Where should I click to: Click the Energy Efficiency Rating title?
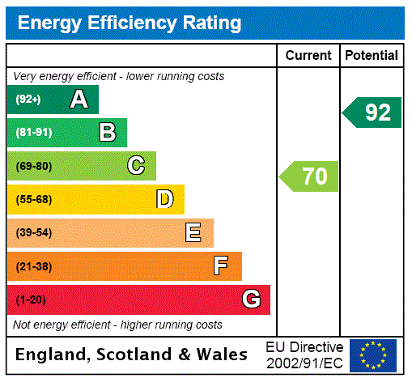click(x=130, y=23)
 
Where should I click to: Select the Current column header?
click(x=308, y=55)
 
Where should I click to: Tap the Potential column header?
click(x=372, y=55)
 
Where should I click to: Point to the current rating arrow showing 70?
click(x=309, y=176)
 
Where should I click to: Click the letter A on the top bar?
click(x=79, y=100)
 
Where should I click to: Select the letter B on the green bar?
click(x=108, y=133)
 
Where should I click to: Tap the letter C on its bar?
click(x=136, y=166)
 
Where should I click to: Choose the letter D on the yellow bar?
click(x=164, y=199)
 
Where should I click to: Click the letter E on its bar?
click(x=193, y=233)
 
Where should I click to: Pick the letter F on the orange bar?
click(x=221, y=266)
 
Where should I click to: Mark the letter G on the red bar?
click(x=251, y=299)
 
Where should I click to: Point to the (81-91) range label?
click(x=33, y=133)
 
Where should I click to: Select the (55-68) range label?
click(x=33, y=199)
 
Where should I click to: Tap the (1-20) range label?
click(x=31, y=299)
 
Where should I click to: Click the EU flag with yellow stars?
click(x=373, y=355)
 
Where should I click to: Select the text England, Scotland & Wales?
click(x=132, y=355)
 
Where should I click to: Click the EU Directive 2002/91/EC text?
click(x=304, y=355)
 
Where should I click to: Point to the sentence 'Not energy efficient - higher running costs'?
click(x=117, y=325)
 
